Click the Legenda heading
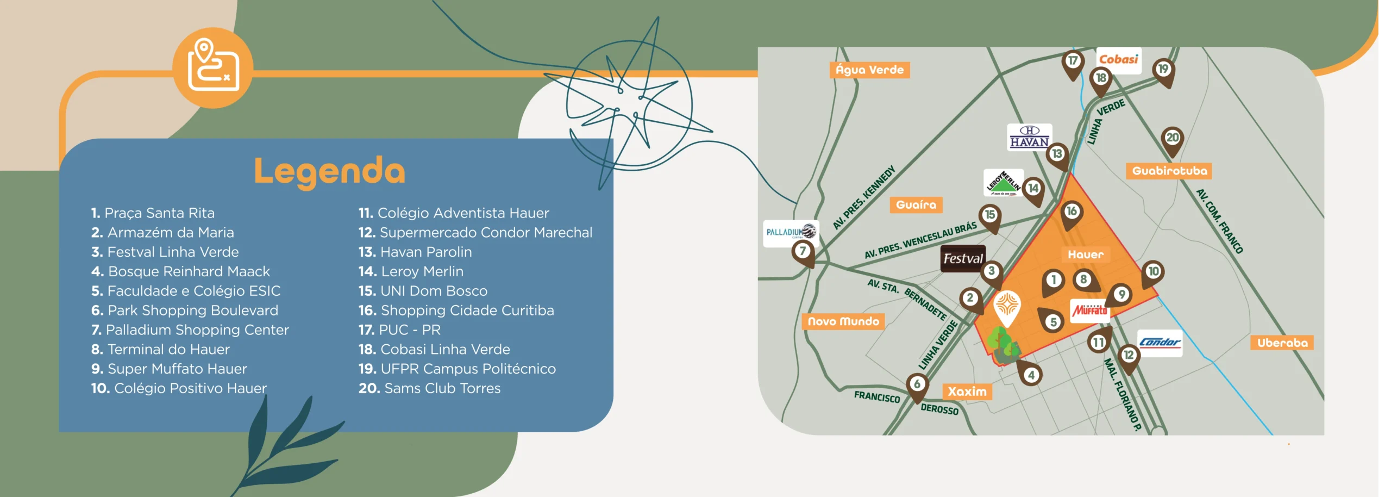click(x=330, y=171)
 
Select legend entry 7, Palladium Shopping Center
click(x=190, y=330)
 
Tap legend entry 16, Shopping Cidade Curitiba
click(x=456, y=310)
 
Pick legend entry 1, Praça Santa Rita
click(x=153, y=213)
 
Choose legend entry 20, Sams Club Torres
click(x=429, y=388)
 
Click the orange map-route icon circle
click(x=213, y=68)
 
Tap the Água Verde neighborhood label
click(x=869, y=70)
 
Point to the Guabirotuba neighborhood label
click(x=1169, y=171)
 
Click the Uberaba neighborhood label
click(x=1282, y=343)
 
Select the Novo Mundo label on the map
click(x=843, y=321)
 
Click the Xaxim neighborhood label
click(x=967, y=392)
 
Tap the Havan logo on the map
click(x=1029, y=137)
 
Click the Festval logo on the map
click(x=963, y=258)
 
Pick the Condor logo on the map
click(x=1160, y=343)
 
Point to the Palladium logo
click(x=791, y=232)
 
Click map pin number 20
click(x=1173, y=138)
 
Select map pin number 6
click(x=917, y=384)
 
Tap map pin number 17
click(x=1073, y=61)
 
